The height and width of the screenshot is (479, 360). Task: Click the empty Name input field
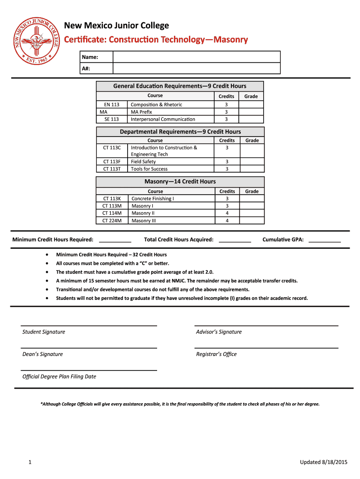196,57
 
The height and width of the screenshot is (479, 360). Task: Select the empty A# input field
196,68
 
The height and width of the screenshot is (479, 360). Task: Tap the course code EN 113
111,105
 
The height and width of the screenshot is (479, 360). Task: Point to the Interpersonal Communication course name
163,119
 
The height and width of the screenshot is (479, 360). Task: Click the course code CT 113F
112,162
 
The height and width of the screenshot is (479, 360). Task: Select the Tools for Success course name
149,169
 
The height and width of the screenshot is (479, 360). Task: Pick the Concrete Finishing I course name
152,199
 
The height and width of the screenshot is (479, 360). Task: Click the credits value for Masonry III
227,221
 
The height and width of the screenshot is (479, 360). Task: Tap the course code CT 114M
112,213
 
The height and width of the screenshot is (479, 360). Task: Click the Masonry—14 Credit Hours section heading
180,181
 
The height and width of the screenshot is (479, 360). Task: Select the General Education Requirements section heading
180,86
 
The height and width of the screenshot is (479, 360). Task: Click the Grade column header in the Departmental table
252,140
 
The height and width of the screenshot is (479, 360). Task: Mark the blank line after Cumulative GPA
324,240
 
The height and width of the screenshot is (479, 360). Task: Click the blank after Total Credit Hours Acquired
235,240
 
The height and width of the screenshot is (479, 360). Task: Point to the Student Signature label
44,332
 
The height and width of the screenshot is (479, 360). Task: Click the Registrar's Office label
216,354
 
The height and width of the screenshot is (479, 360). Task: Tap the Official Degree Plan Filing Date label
59,377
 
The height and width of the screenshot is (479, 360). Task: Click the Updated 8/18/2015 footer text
324,463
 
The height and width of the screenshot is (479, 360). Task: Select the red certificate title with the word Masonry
156,40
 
